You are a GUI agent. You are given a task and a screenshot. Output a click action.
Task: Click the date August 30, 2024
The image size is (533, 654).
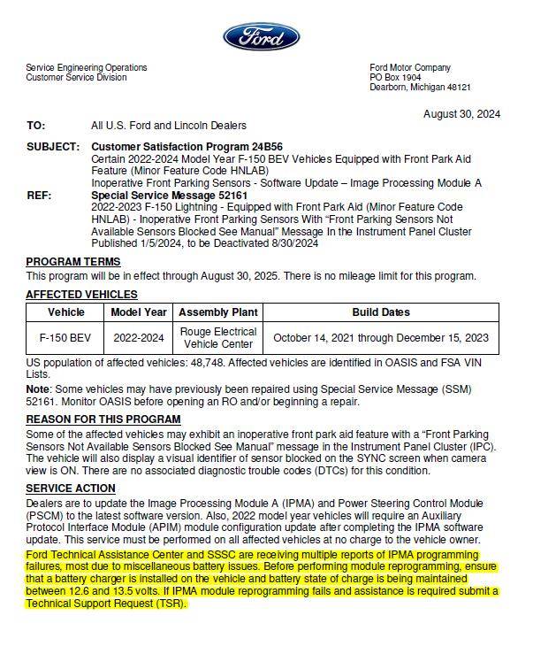point(461,114)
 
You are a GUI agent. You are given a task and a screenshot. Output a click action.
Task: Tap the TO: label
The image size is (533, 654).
point(36,126)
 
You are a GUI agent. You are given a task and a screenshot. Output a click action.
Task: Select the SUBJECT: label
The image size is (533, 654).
point(52,146)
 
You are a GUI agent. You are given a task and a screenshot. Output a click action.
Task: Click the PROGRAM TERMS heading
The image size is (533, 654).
point(73,262)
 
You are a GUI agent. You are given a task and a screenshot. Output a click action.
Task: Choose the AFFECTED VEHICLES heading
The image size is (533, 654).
point(81,295)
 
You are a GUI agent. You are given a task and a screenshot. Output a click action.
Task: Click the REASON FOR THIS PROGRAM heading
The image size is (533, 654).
point(103,419)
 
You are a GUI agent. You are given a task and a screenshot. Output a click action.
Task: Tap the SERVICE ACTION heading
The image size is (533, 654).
point(71,489)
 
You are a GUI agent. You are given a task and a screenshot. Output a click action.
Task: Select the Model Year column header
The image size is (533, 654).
point(139,312)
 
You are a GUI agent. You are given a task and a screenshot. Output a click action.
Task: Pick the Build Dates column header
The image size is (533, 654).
point(380,312)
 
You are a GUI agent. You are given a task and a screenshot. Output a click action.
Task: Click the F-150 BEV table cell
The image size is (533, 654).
point(65,337)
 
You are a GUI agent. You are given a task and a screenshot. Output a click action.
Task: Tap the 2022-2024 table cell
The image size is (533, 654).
point(139,337)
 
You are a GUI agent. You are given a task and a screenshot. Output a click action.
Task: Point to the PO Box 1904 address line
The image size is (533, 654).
point(394,78)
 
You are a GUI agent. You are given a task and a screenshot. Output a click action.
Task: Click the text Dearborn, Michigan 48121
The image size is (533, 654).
point(420,88)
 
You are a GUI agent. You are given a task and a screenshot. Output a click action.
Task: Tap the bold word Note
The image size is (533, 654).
point(37,389)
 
